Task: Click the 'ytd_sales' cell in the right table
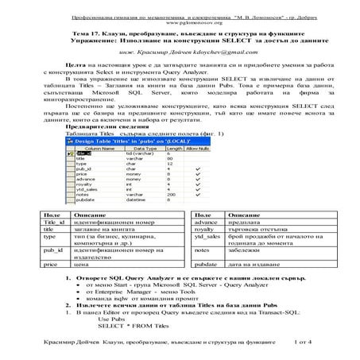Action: [207, 236]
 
